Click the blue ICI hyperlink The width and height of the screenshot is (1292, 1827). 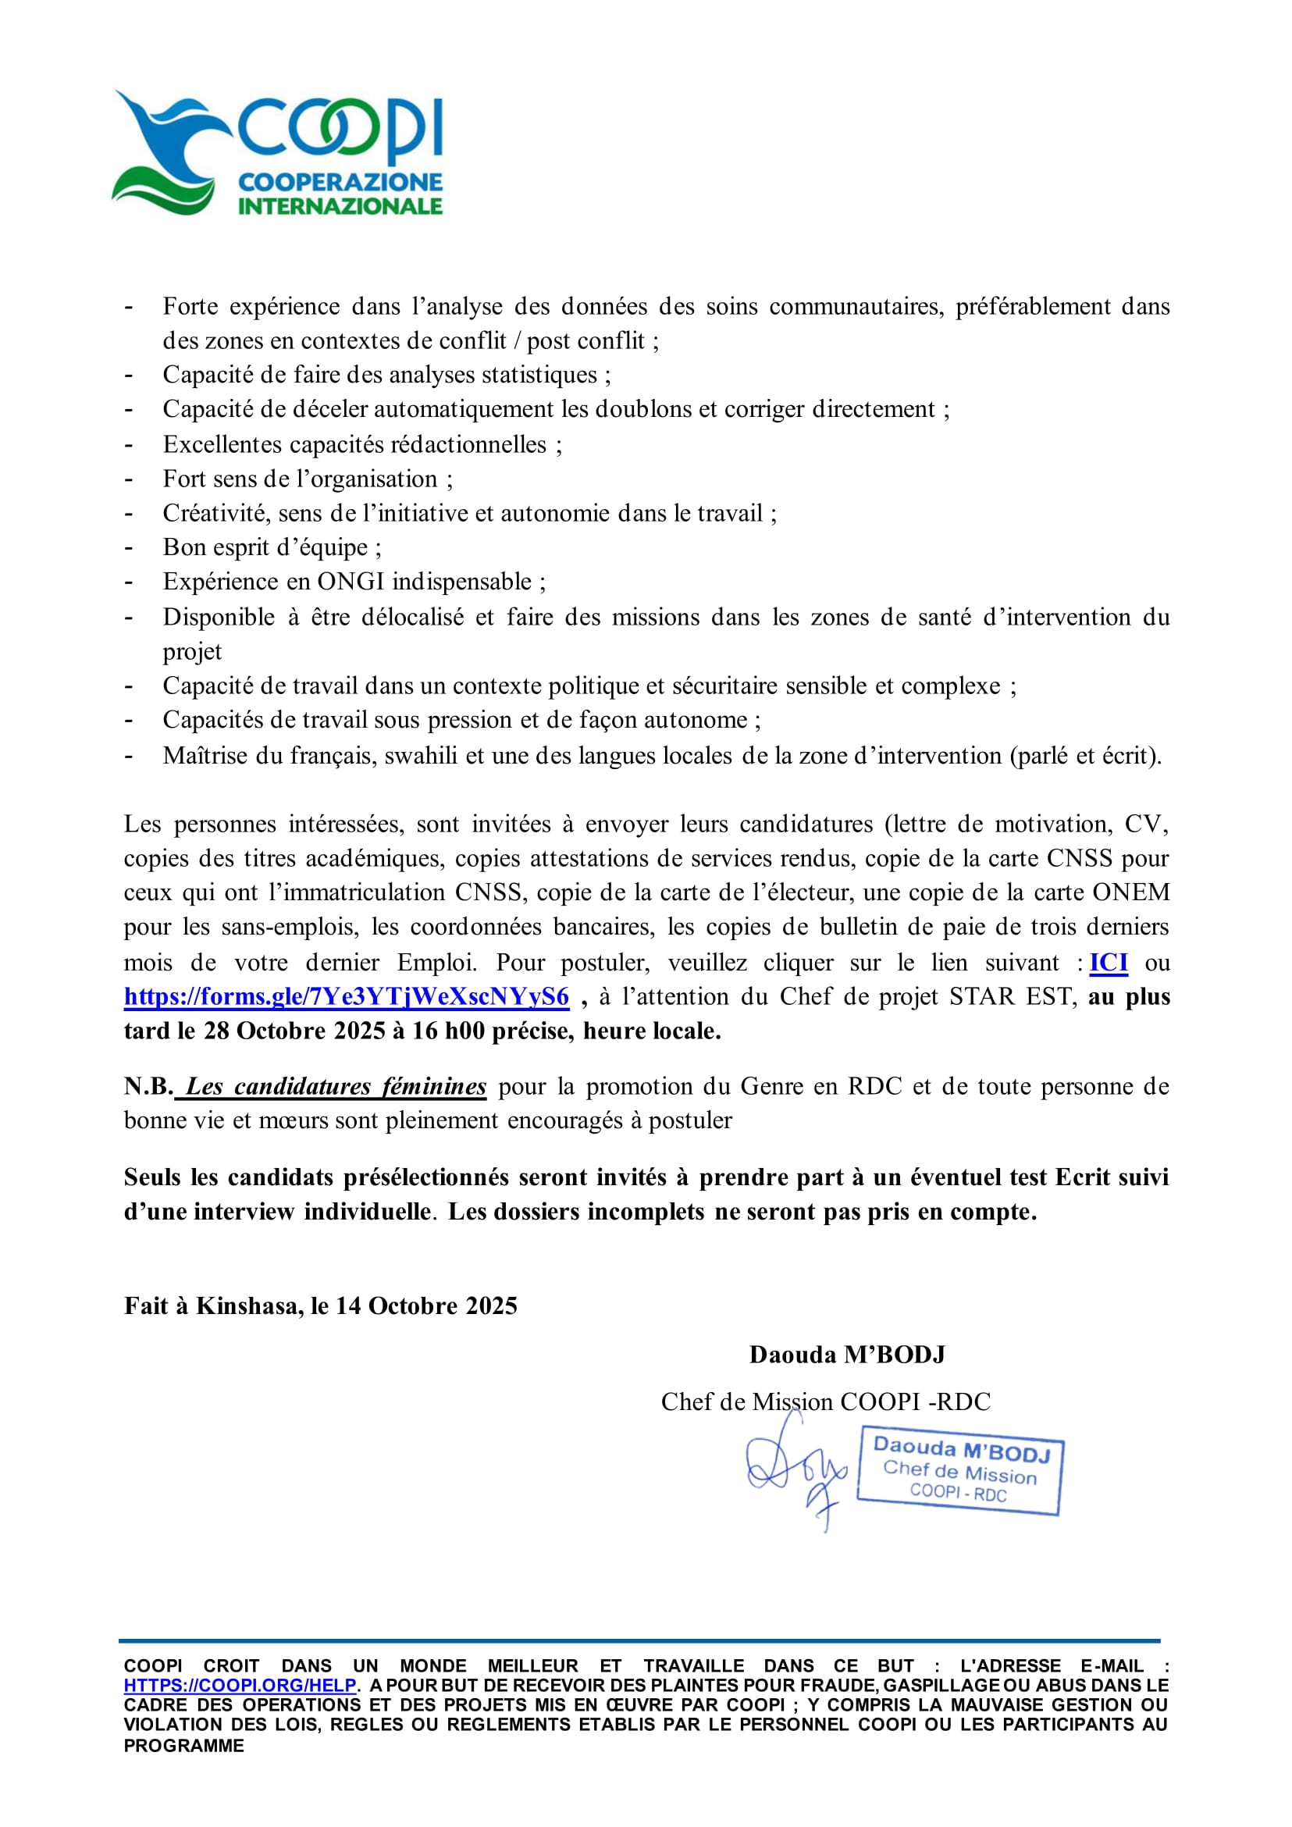1109,963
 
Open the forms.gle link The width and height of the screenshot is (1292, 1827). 346,997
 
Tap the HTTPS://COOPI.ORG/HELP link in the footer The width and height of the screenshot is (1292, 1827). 240,1686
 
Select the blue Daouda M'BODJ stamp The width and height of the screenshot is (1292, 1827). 959,1471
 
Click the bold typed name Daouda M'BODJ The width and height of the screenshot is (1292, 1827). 846,1355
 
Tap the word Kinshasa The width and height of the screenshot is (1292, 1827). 249,1305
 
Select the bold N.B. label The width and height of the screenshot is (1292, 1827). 148,1086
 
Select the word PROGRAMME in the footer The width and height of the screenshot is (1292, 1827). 183,1746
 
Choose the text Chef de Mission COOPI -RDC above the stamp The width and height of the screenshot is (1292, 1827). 825,1401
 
